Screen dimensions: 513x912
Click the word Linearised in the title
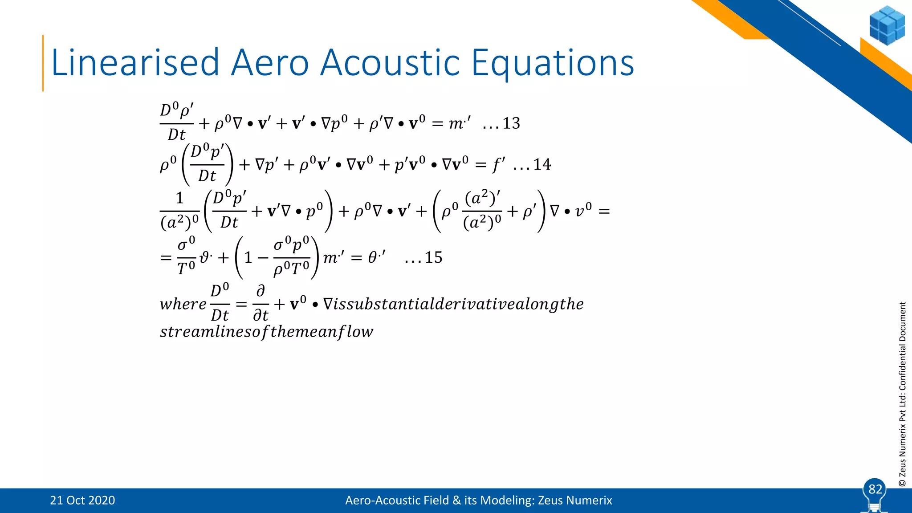(135, 63)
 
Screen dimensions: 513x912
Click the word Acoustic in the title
(390, 63)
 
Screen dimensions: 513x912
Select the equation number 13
(511, 123)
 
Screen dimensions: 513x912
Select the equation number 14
(542, 165)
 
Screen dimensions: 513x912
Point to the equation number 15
(433, 257)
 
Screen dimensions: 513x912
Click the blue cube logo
(886, 25)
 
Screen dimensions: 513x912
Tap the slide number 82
(875, 489)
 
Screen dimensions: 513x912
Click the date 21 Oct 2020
(82, 501)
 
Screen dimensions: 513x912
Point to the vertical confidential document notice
(902, 394)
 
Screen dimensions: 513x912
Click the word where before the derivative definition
(183, 304)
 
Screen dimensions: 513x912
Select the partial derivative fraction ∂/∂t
(261, 304)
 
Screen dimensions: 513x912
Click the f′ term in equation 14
(498, 165)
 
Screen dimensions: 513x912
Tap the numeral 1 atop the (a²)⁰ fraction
(179, 198)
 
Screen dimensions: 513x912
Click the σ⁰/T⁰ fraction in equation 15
(186, 257)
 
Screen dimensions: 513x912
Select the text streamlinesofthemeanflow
(266, 332)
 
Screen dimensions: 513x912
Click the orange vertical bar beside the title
(43, 63)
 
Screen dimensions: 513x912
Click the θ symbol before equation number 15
(373, 257)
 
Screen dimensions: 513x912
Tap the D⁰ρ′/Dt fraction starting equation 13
(177, 122)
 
